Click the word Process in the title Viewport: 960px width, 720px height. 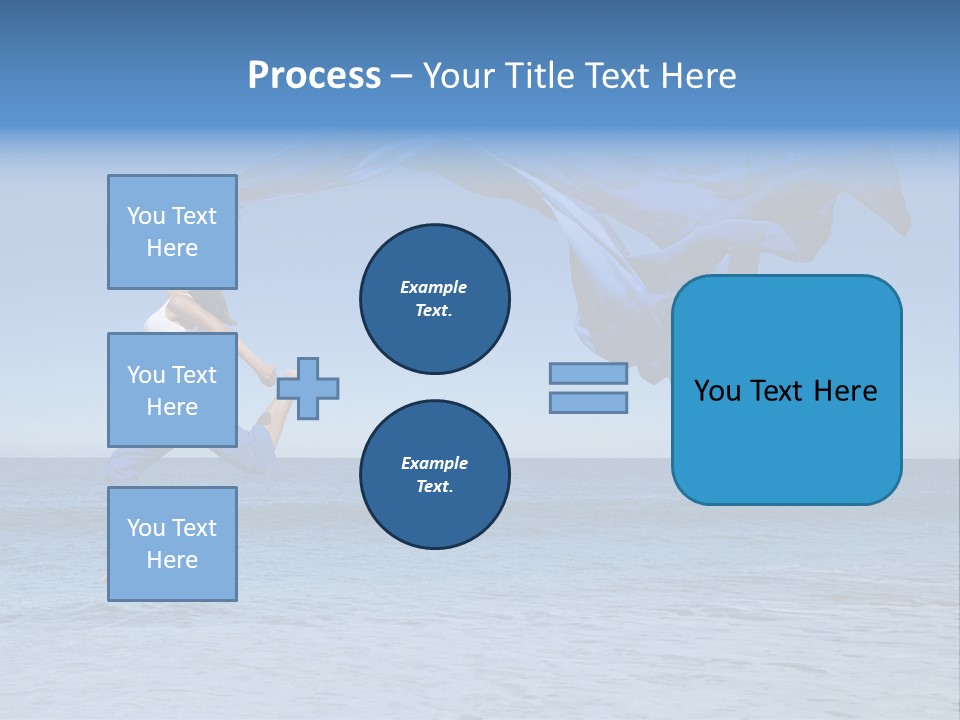point(314,76)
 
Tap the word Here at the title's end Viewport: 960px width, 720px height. point(698,76)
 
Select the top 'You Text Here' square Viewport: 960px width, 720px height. point(172,232)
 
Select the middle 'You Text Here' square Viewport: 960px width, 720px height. point(172,390)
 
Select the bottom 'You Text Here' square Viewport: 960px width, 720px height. point(172,543)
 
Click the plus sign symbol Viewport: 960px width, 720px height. point(308,388)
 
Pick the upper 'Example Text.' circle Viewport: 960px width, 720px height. point(435,299)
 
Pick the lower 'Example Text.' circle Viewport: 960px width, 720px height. point(435,475)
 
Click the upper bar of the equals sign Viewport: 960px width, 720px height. point(588,373)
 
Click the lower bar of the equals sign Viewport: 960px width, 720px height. point(588,403)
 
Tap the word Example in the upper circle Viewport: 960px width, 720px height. point(434,287)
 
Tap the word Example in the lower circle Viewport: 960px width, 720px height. point(434,463)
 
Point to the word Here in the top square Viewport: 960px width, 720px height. point(172,248)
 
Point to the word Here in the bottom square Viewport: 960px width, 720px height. point(172,560)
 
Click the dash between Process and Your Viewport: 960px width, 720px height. point(401,77)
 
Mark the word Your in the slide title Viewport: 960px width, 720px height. point(455,76)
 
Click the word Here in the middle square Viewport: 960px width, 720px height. point(172,407)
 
